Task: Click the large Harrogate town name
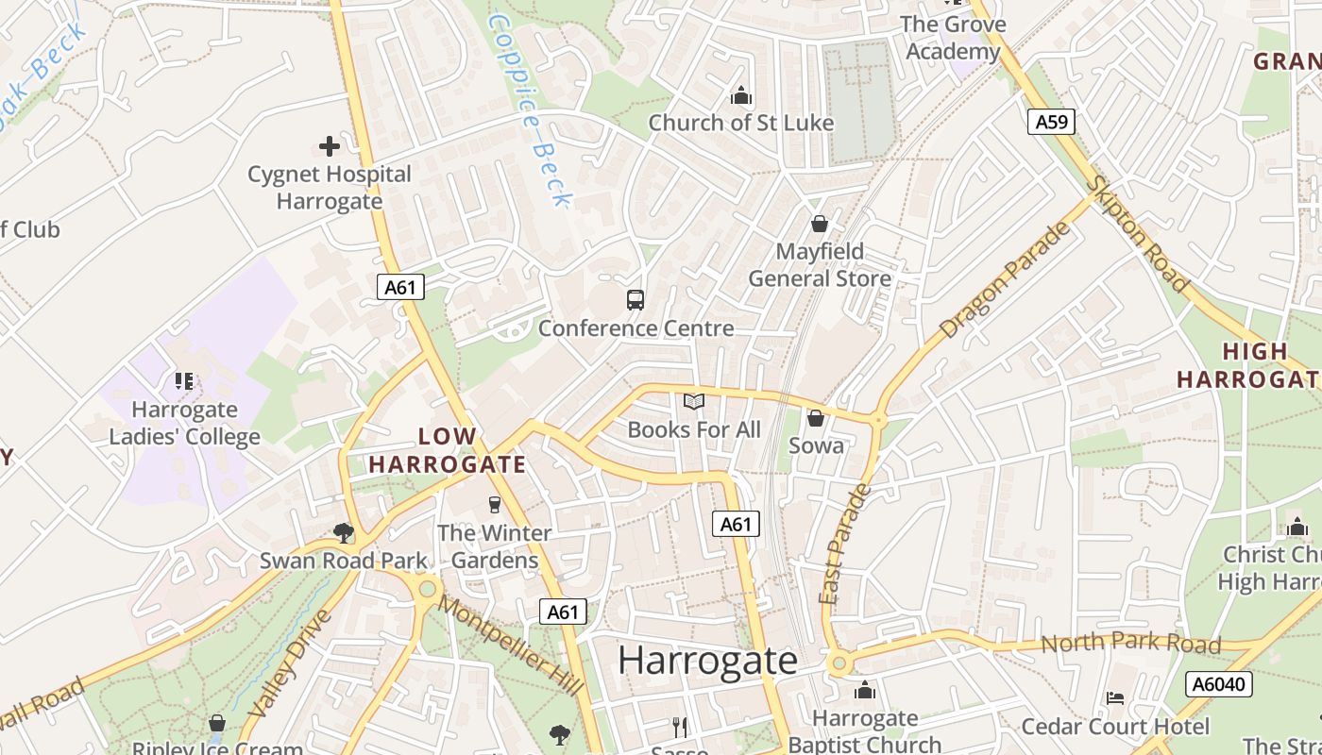(x=707, y=661)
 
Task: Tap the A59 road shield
(x=1051, y=122)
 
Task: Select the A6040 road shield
(x=1218, y=684)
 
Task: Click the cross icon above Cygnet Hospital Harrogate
(x=329, y=146)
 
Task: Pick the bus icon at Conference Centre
(x=636, y=300)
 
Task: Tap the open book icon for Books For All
(x=694, y=402)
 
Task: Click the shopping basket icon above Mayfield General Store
(x=820, y=224)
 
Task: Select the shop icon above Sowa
(x=816, y=417)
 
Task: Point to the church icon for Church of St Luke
(x=741, y=95)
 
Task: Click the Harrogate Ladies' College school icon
(x=184, y=381)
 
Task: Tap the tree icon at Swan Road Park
(x=344, y=533)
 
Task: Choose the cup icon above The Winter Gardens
(x=494, y=505)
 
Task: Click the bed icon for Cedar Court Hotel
(x=1115, y=698)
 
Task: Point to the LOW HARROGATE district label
(x=448, y=450)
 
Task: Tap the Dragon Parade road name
(x=1006, y=280)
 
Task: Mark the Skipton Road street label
(x=1139, y=233)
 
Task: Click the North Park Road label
(x=1130, y=644)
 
